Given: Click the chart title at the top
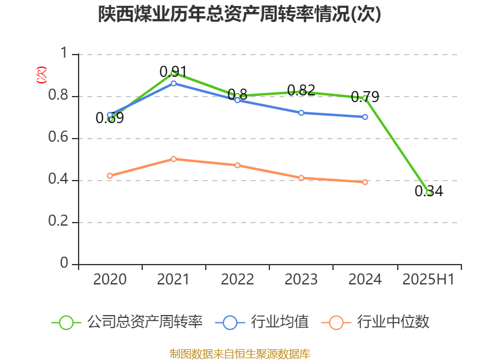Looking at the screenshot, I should pos(240,14).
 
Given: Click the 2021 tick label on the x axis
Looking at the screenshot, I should pos(173,280).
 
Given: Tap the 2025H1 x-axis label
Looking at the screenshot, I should pos(428,280).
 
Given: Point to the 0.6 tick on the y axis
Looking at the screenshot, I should pos(59,139).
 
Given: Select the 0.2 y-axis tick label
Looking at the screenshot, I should pos(59,223).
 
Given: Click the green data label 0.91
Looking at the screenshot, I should pos(173,72).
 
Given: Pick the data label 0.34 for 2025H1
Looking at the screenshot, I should pos(428,191).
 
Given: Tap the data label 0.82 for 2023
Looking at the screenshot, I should pos(301,91).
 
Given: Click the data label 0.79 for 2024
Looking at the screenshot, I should pos(365,97).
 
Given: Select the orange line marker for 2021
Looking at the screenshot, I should pos(173,159).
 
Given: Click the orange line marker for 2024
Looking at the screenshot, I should pos(365,182).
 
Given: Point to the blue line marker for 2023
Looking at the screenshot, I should pos(301,113).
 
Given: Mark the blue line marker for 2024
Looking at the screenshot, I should pos(365,117).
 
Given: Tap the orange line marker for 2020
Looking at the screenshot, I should pos(110,176).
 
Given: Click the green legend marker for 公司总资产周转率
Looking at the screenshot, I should pos(66,322).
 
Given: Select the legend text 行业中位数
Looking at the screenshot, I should pos(393,322).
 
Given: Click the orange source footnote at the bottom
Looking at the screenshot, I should pos(240,353).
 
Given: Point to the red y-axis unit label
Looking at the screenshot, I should pos(41,75).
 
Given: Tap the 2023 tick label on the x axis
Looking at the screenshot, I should pos(301,280).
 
